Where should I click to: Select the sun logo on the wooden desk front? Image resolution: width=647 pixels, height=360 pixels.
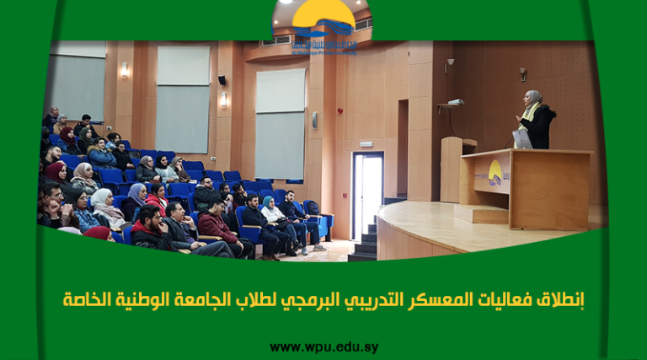495,175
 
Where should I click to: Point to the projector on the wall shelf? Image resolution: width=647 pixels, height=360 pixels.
455,102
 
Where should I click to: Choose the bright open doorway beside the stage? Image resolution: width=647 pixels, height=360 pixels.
367,195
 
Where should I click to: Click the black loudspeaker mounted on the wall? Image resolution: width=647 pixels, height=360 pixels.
222,80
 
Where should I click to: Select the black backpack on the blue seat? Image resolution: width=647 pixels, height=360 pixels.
313,207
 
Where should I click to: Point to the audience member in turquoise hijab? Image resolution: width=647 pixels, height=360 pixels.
269,205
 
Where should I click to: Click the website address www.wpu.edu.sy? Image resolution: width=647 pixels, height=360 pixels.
323,347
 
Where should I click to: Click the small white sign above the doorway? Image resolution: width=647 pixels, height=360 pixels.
367,146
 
